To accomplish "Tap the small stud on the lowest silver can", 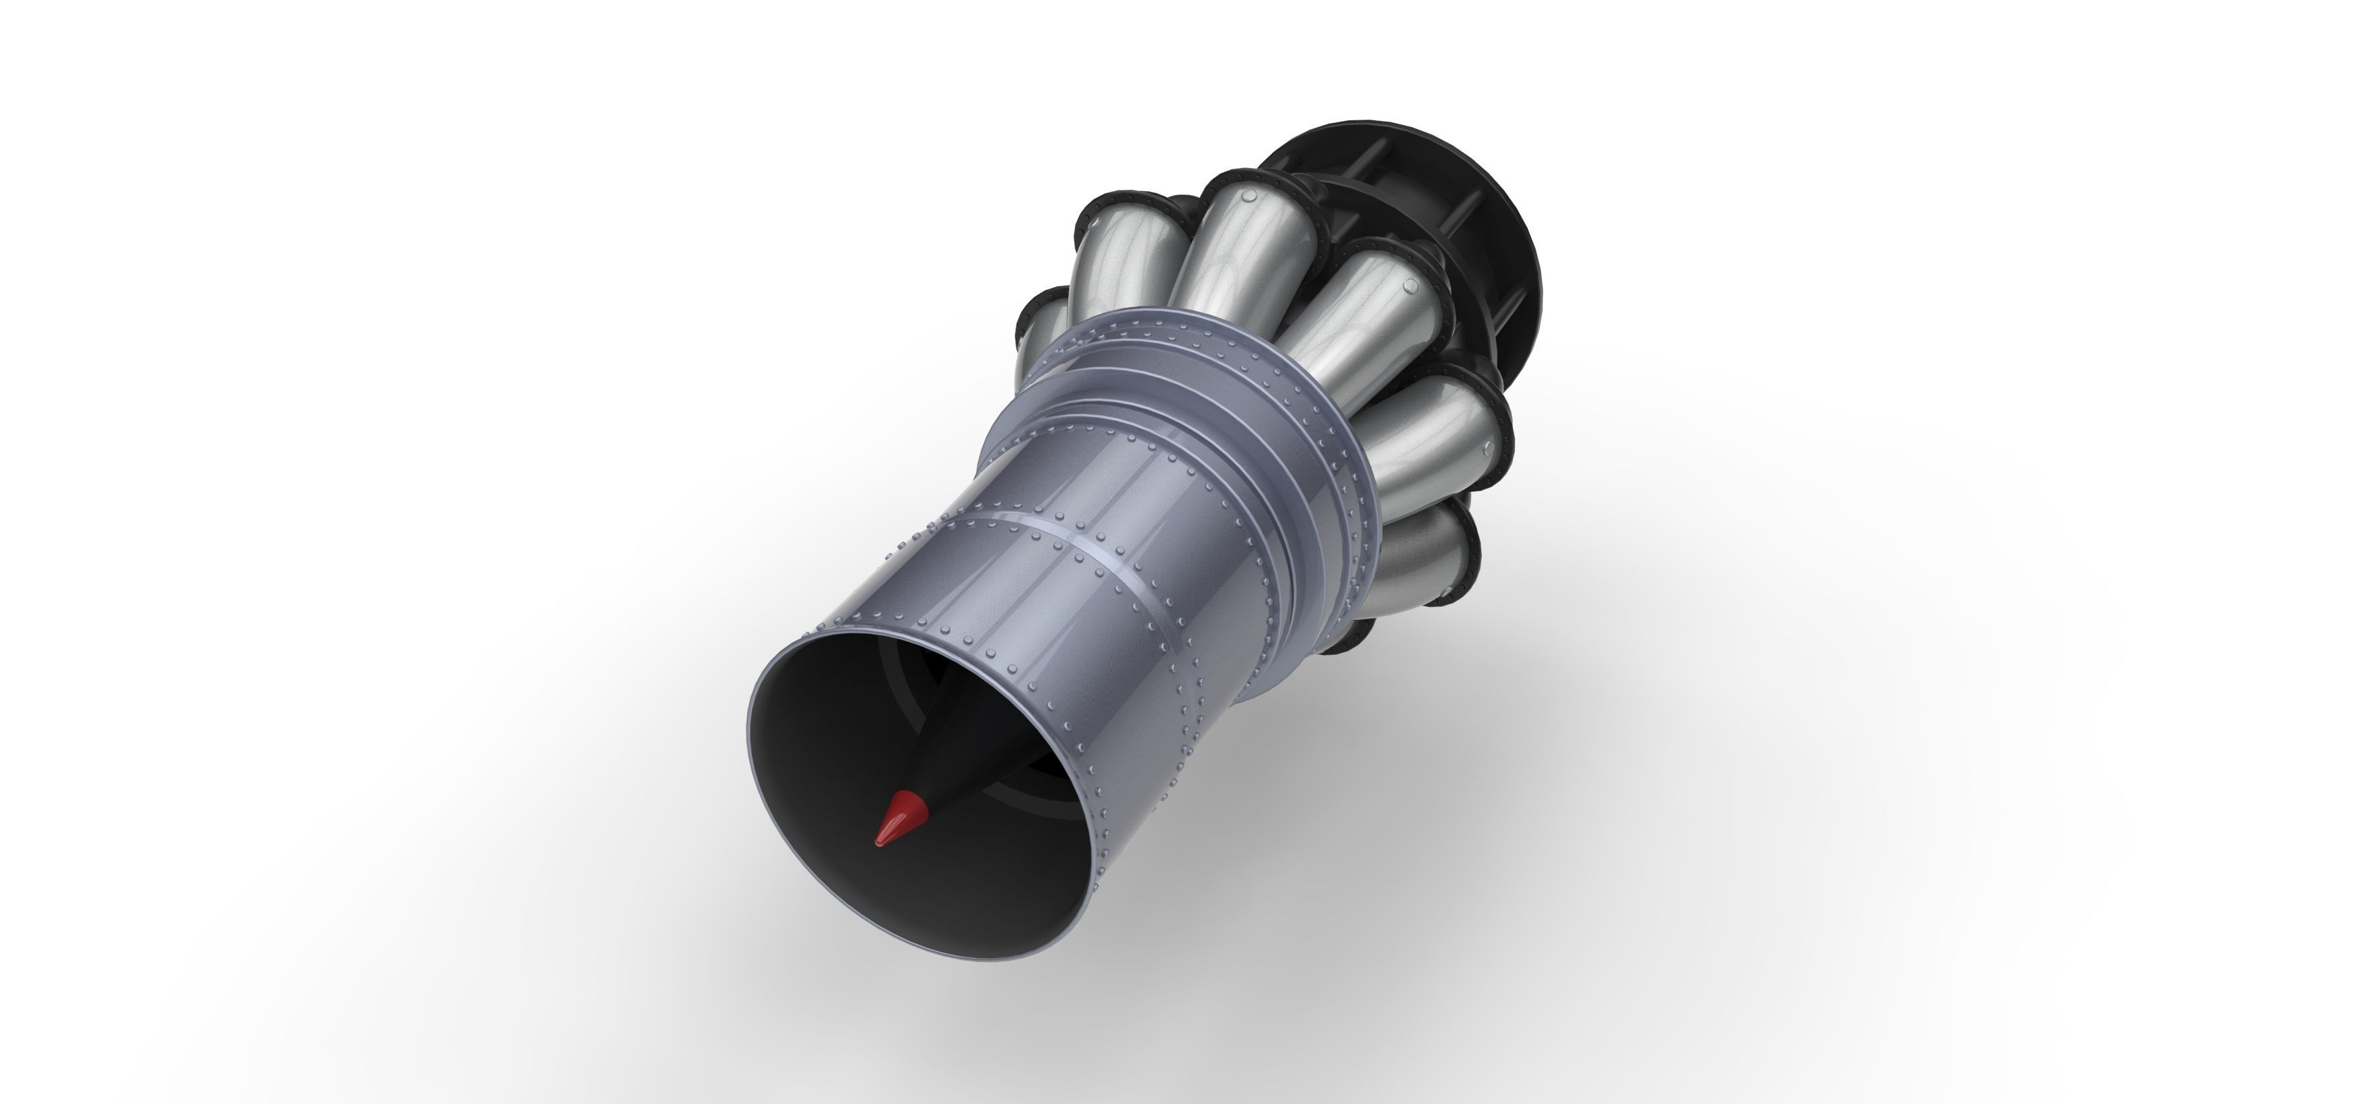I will [1454, 524].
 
